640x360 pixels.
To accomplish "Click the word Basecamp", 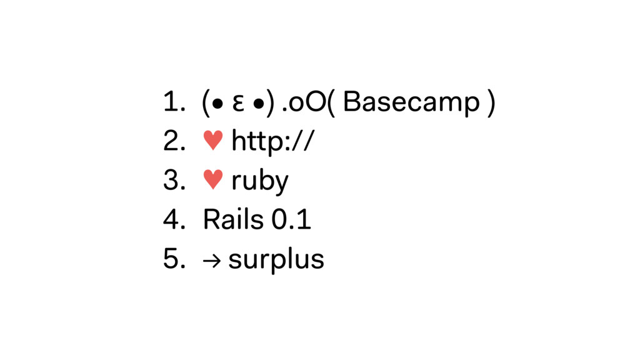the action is [x=411, y=104].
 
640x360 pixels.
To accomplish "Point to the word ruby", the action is [x=259, y=182].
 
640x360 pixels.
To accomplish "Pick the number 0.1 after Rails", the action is [x=291, y=220].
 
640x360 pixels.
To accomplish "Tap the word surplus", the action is [x=276, y=259].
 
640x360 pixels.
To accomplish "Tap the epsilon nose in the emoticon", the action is [x=236, y=104].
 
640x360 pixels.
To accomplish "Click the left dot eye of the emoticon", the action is [x=216, y=104].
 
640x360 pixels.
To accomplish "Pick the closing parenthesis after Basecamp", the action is [x=493, y=104].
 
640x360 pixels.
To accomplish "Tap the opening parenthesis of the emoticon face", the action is [x=205, y=104].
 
